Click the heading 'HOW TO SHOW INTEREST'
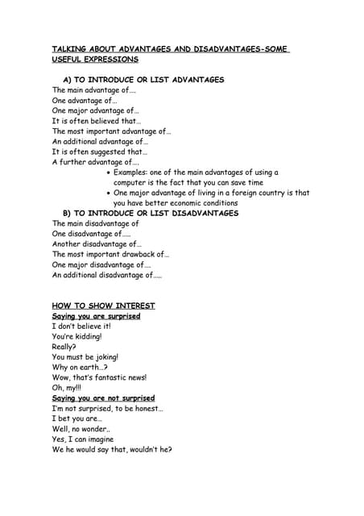point(103,306)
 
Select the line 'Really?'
point(64,346)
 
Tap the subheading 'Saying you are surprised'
point(96,316)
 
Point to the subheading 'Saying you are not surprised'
point(103,398)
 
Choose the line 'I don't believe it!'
point(81,327)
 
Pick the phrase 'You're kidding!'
point(77,336)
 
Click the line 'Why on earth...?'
point(79,367)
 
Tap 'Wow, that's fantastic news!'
point(99,377)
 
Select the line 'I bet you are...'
point(77,418)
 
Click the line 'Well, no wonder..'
point(81,429)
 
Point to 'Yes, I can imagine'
point(83,439)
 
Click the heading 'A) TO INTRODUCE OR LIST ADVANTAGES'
point(143,80)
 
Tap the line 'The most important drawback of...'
point(110,254)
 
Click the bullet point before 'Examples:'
point(109,173)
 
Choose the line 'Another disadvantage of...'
point(97,244)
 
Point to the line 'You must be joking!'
point(85,356)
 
